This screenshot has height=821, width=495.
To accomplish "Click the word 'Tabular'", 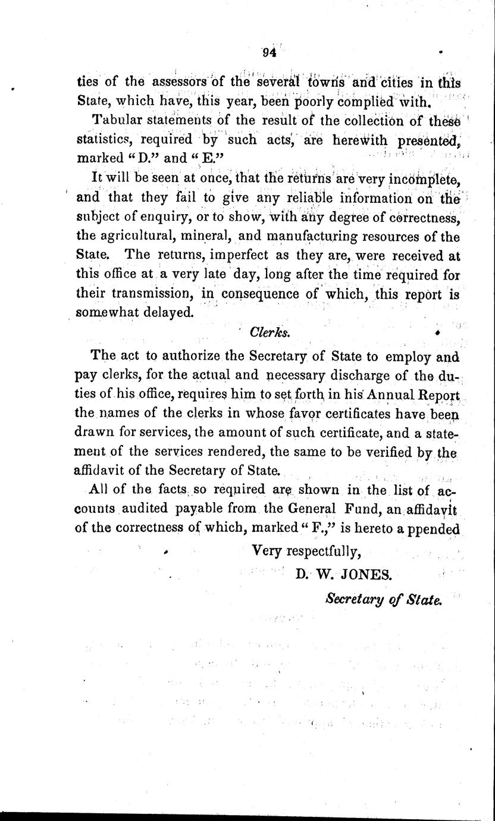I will click(x=116, y=120).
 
